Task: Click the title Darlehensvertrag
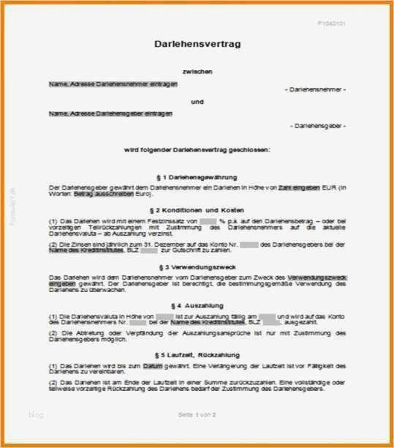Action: [x=197, y=45]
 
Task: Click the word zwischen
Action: [x=197, y=72]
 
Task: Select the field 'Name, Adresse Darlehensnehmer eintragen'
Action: [x=113, y=84]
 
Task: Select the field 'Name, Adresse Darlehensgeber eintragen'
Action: [x=111, y=113]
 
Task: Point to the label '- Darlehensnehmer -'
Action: [x=315, y=89]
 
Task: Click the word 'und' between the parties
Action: [x=197, y=102]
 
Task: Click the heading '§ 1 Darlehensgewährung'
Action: [x=197, y=177]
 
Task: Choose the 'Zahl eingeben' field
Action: [x=299, y=188]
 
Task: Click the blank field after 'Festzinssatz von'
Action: [x=208, y=220]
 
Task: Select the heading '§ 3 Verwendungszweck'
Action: [x=197, y=267]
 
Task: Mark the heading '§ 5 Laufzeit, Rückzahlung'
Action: [x=197, y=354]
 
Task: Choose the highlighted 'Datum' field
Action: [x=152, y=365]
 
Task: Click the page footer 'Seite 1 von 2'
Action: [x=197, y=415]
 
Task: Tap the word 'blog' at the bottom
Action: [x=36, y=415]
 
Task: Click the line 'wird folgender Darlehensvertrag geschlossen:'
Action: [x=197, y=149]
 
